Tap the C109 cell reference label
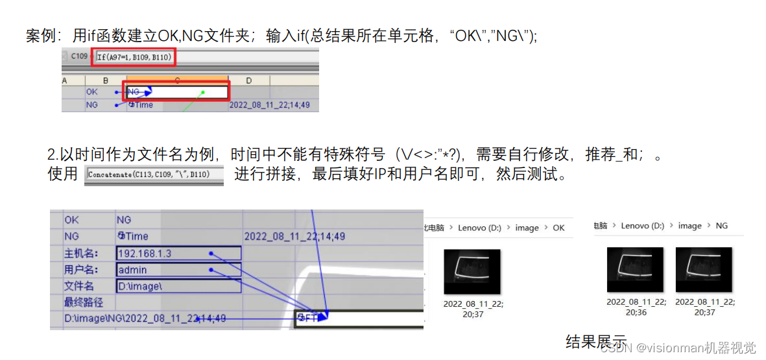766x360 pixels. point(79,56)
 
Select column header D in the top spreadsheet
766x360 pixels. point(249,80)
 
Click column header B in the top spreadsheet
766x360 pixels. point(105,80)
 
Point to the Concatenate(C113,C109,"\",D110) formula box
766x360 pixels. point(154,175)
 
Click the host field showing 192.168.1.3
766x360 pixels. point(178,253)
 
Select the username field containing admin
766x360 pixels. point(178,270)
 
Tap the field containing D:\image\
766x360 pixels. point(178,286)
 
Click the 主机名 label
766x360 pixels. point(79,253)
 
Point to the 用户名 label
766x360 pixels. point(79,270)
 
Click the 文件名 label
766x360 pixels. point(79,286)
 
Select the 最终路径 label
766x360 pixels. point(84,302)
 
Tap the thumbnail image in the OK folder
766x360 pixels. point(472,272)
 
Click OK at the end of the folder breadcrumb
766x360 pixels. point(558,228)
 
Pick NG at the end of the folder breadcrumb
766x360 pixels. point(721,226)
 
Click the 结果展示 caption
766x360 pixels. point(596,341)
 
